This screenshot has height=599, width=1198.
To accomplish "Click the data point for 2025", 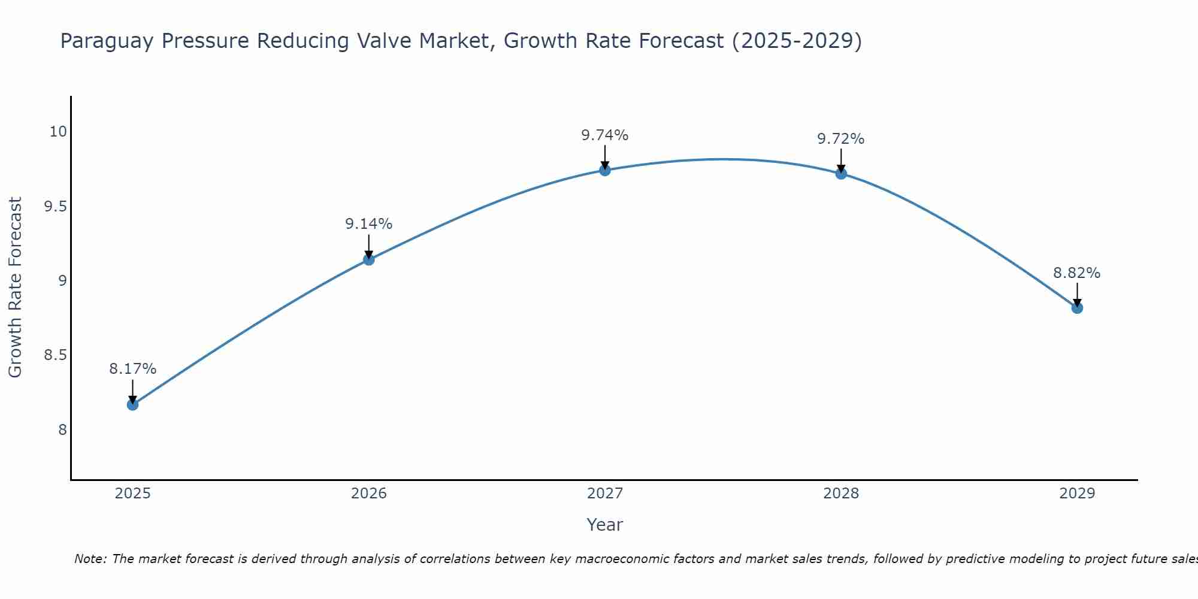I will point(132,405).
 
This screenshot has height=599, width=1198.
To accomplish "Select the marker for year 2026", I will point(368,260).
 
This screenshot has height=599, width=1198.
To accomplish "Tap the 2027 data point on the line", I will point(605,170).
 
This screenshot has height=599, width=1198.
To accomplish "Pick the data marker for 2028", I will point(841,174).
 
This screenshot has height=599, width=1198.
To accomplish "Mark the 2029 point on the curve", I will point(1077,308).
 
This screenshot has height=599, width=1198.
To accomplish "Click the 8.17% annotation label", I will point(132,369).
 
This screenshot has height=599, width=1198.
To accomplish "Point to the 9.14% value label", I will point(368,224).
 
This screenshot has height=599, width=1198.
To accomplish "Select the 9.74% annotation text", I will point(605,135).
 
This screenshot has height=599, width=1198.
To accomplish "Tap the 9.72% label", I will point(841,139).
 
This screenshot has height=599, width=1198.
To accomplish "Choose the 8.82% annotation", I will point(1077,273).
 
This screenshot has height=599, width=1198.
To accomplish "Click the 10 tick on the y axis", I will point(58,132).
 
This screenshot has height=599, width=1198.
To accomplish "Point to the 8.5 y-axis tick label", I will point(55,355).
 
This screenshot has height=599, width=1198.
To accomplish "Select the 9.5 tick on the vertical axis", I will point(55,207).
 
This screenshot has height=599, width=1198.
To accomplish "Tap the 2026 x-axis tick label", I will point(368,494).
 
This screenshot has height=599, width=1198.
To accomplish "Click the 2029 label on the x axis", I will point(1077,494).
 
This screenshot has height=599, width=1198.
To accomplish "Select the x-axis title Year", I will point(605,525).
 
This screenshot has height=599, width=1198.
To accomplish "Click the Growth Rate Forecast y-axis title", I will point(15,288).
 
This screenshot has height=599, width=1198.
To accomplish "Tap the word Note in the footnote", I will point(89,559).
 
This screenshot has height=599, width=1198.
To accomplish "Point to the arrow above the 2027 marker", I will point(605,157).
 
